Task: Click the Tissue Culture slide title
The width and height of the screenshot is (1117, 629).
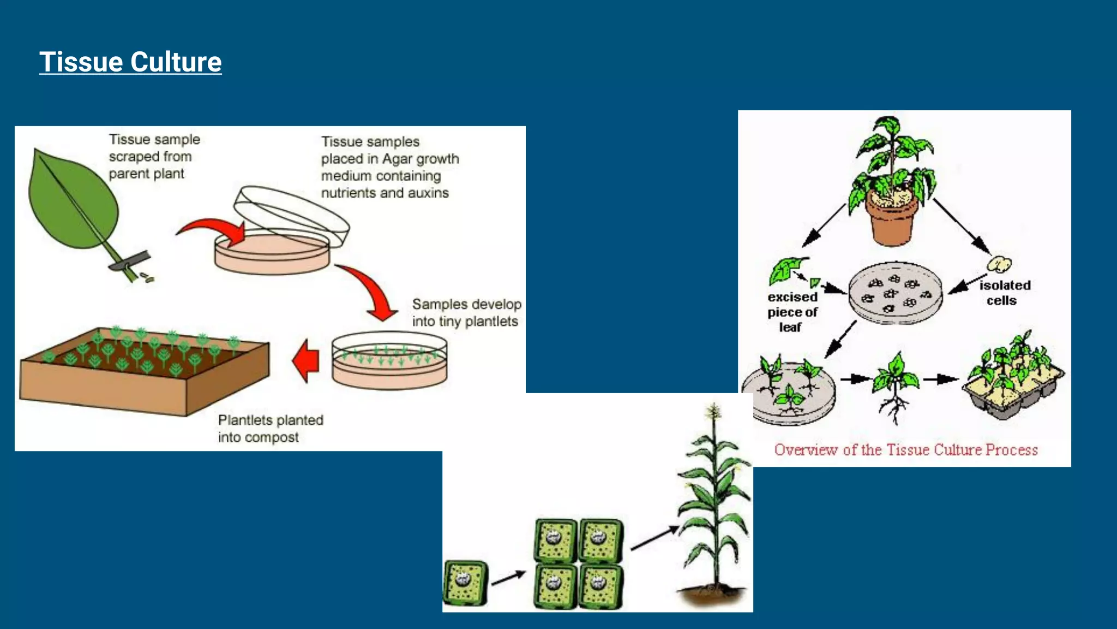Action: point(130,62)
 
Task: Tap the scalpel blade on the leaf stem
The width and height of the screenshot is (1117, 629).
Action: point(131,261)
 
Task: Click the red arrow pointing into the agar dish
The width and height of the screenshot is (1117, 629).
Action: point(213,229)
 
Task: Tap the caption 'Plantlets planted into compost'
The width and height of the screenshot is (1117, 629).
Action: point(271,429)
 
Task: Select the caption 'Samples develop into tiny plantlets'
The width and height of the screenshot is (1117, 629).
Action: point(466,312)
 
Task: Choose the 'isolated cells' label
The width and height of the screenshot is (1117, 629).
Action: point(1004,293)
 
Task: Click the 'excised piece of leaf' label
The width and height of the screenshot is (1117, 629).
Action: point(792,312)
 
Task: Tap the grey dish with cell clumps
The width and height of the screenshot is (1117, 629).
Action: point(895,293)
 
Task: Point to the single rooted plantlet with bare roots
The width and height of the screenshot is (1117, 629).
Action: point(894,388)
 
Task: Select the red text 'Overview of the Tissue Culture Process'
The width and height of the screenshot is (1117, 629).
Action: point(906,450)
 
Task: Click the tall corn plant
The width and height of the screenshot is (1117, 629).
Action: point(712,508)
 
